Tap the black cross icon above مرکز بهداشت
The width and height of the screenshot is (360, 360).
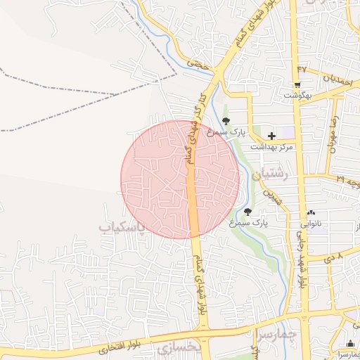pos(272,135)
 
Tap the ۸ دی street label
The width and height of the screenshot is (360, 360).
pos(333,259)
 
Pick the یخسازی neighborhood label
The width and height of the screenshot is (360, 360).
pos(179,348)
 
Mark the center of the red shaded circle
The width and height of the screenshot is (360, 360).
pos(180,179)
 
